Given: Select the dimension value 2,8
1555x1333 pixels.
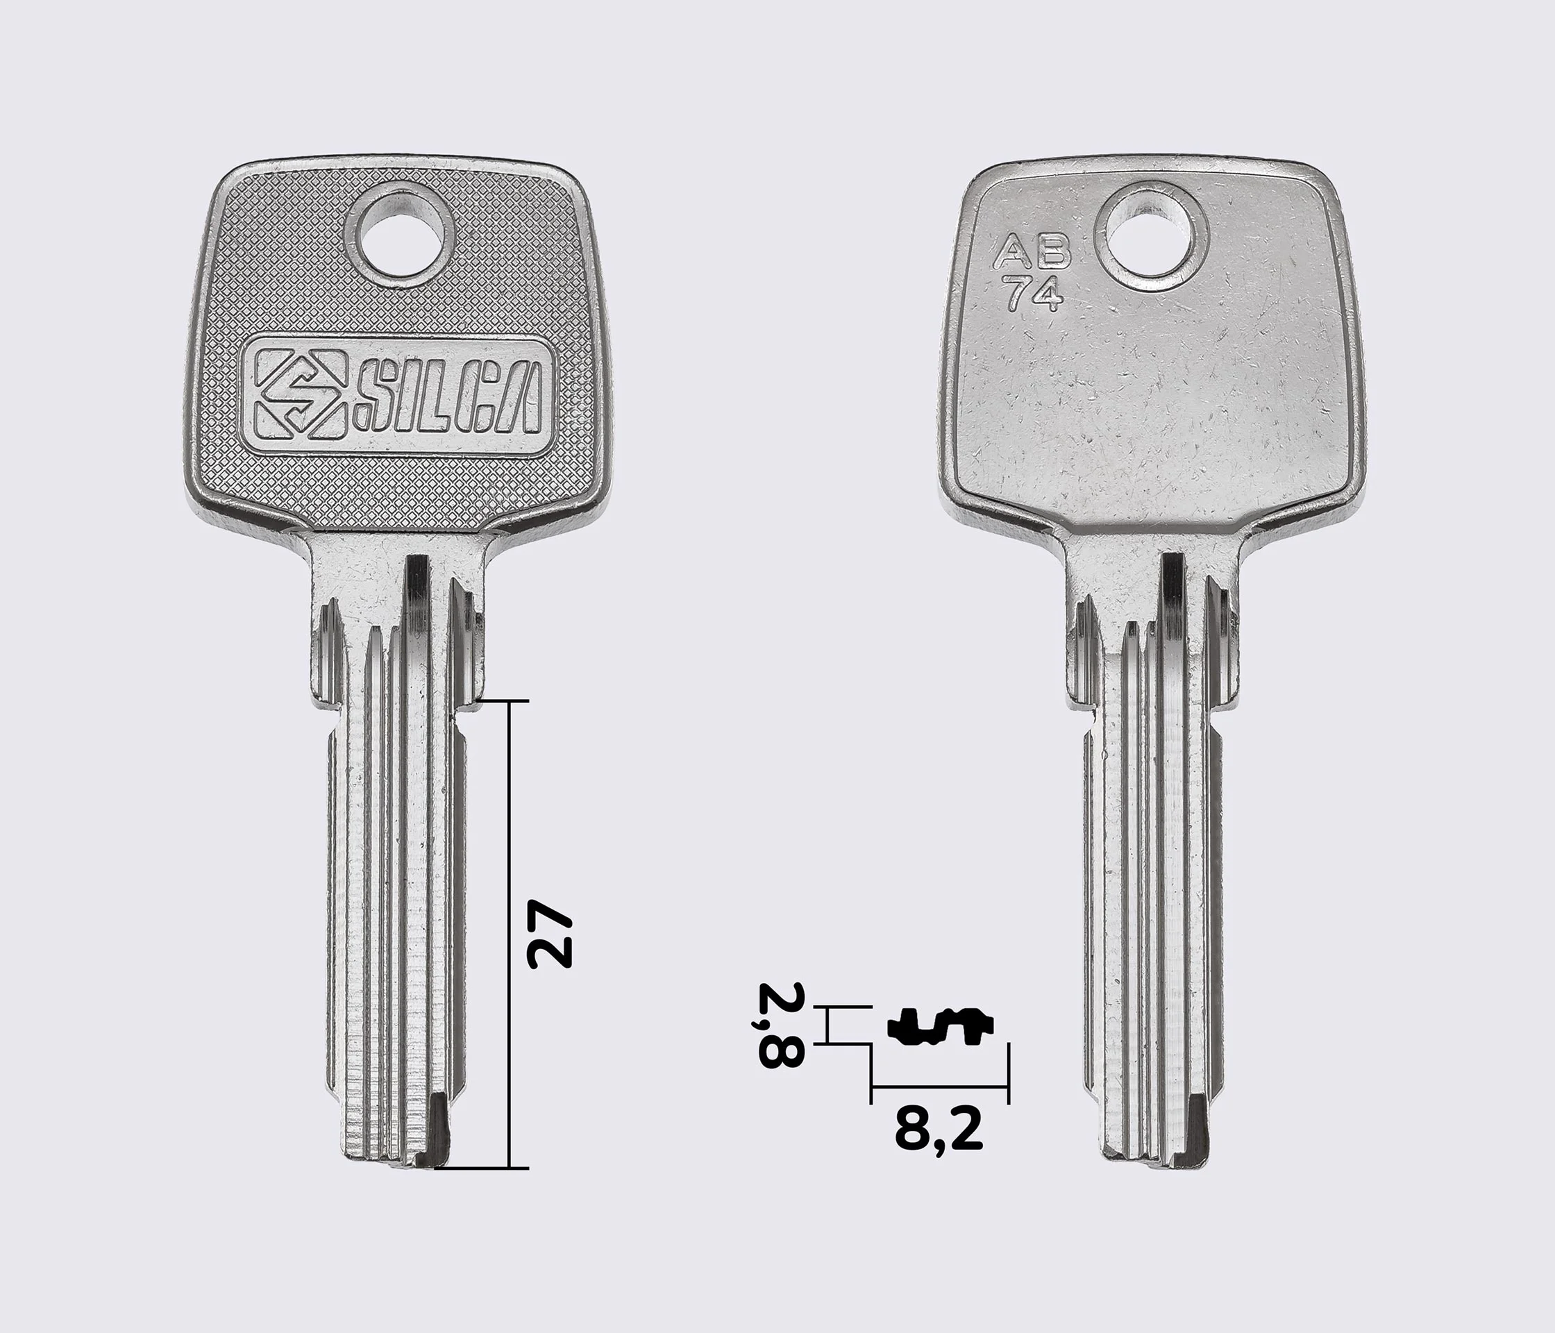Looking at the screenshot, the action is pyautogui.click(x=781, y=1025).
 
